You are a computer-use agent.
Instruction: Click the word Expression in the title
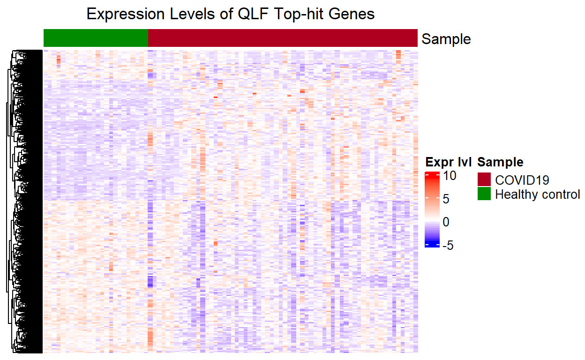point(125,14)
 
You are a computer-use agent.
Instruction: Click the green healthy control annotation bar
point(96,38)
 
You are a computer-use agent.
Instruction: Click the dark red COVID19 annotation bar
point(283,38)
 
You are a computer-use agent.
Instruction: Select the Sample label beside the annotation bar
point(446,39)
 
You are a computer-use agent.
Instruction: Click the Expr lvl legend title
point(448,162)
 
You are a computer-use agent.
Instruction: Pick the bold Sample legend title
point(500,162)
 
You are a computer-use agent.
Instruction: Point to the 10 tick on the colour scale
point(450,176)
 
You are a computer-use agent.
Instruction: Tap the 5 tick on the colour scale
point(446,199)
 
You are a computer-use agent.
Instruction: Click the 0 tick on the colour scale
point(446,222)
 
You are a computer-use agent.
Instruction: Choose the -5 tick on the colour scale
point(448,245)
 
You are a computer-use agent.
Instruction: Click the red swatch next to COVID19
point(484,179)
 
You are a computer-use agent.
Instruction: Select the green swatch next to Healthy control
point(484,194)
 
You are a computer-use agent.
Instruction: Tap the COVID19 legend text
point(522,180)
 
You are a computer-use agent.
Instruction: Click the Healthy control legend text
point(538,195)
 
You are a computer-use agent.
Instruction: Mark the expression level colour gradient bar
point(432,210)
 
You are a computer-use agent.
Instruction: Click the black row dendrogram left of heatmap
point(25,202)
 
